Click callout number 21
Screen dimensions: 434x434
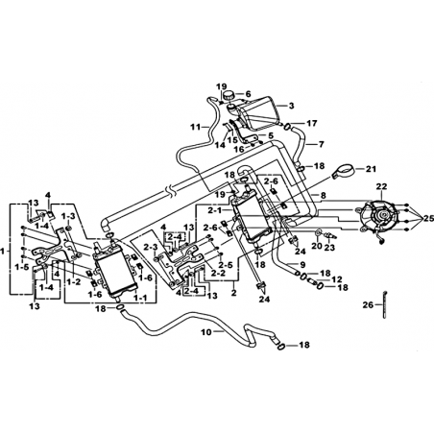371,168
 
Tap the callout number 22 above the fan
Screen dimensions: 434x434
382,186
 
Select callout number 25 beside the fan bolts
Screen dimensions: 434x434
428,219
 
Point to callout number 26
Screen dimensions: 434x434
368,304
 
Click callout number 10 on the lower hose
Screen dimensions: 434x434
206,332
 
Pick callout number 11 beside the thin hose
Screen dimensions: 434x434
195,127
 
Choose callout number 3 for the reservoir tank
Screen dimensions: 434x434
291,106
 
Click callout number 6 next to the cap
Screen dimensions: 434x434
248,94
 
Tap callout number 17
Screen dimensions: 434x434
312,123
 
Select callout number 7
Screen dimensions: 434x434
321,144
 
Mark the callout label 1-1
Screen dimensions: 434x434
141,298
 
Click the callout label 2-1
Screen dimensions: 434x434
213,210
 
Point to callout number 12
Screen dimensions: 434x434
337,279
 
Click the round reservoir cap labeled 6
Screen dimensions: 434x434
230,95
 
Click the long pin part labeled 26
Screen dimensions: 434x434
383,304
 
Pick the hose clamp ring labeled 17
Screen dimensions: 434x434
287,127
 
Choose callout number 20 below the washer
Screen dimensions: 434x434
317,246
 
